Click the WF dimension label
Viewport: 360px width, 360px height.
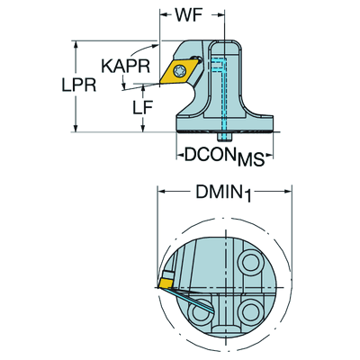click(189, 14)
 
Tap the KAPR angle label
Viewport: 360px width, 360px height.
click(125, 67)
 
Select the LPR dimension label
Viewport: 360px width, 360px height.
click(79, 85)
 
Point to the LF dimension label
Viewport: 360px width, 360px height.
click(143, 107)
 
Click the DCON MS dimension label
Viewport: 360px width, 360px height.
click(224, 157)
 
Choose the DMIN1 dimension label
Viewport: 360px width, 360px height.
click(223, 193)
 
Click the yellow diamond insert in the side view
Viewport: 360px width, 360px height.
click(179, 71)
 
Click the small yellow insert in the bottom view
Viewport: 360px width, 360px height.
click(166, 283)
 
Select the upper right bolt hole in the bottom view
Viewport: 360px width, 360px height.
click(251, 263)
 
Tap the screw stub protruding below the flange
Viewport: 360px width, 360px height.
click(224, 137)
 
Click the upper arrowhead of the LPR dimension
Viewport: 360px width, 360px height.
click(76, 44)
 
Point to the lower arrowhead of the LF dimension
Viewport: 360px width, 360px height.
click(143, 128)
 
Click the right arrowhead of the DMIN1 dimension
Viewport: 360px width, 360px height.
click(288, 192)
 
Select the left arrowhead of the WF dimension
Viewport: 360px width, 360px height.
click(164, 14)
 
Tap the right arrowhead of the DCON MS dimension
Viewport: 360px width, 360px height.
click(269, 155)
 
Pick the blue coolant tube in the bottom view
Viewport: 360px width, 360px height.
click(190, 300)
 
